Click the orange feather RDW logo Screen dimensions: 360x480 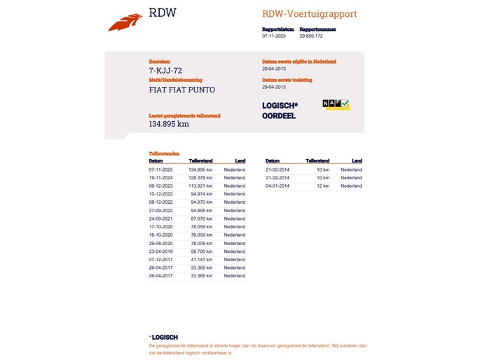(125, 22)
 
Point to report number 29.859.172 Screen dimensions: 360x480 (310, 36)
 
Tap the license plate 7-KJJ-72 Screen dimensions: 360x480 (165, 71)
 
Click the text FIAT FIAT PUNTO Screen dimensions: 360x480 (182, 90)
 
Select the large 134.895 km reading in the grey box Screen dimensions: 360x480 (169, 124)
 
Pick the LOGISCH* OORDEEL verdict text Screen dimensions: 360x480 (279, 111)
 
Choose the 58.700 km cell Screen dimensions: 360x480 (203, 251)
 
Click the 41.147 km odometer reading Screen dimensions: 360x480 (203, 260)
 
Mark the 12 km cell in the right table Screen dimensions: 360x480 (323, 186)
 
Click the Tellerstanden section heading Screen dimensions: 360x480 (164, 153)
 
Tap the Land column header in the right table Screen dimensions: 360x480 (357, 161)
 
